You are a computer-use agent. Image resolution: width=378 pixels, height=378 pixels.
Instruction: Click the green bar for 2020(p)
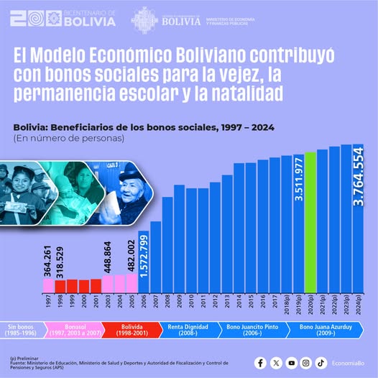(x=310, y=223)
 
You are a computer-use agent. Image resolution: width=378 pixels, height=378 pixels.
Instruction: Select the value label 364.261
(x=47, y=260)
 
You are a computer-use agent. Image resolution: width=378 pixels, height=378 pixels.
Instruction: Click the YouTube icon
(x=291, y=363)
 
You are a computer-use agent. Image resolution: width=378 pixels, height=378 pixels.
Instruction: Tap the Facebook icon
(x=261, y=363)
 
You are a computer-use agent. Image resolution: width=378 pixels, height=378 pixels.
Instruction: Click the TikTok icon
(x=321, y=363)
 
